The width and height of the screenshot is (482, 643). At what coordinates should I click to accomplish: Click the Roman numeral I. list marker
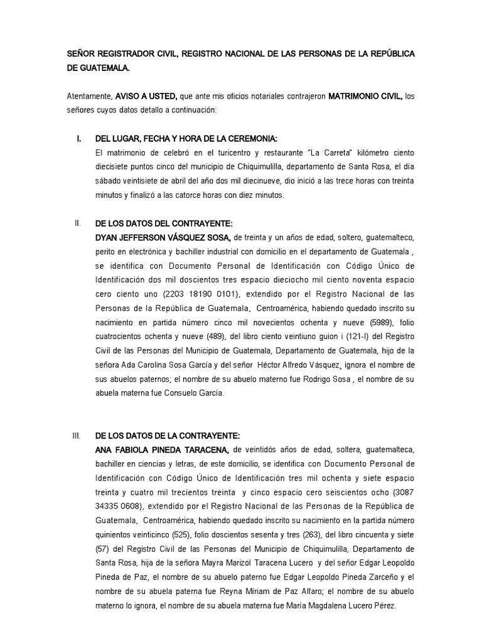point(78,139)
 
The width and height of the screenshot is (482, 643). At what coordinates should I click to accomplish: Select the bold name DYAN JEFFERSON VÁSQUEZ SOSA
point(163,238)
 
